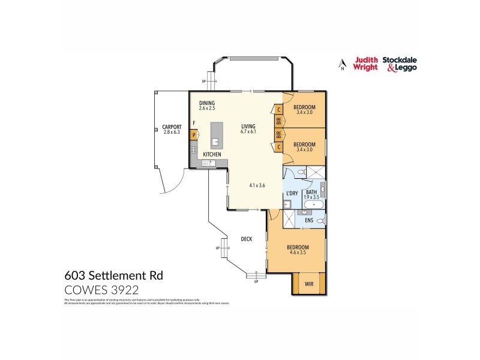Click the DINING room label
[x=207, y=103]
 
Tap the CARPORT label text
[x=172, y=127]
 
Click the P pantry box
[x=194, y=135]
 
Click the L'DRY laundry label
[x=292, y=193]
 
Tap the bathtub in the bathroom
[x=313, y=206]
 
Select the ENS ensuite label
[x=309, y=220]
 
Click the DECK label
[x=246, y=239]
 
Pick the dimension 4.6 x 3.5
[x=297, y=253]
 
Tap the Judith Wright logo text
[x=365, y=64]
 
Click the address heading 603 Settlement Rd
[x=113, y=275]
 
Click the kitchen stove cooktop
[x=194, y=149]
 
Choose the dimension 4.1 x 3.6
[x=257, y=185]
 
